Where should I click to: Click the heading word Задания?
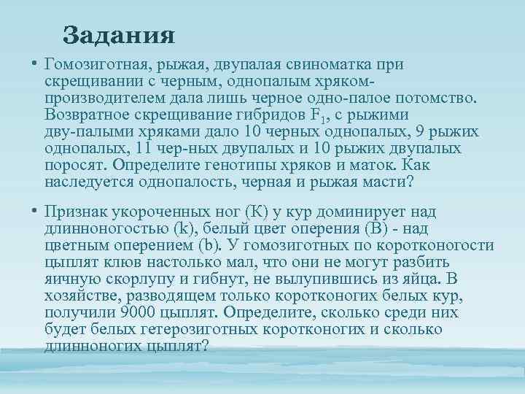pyautogui.click(x=118, y=34)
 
